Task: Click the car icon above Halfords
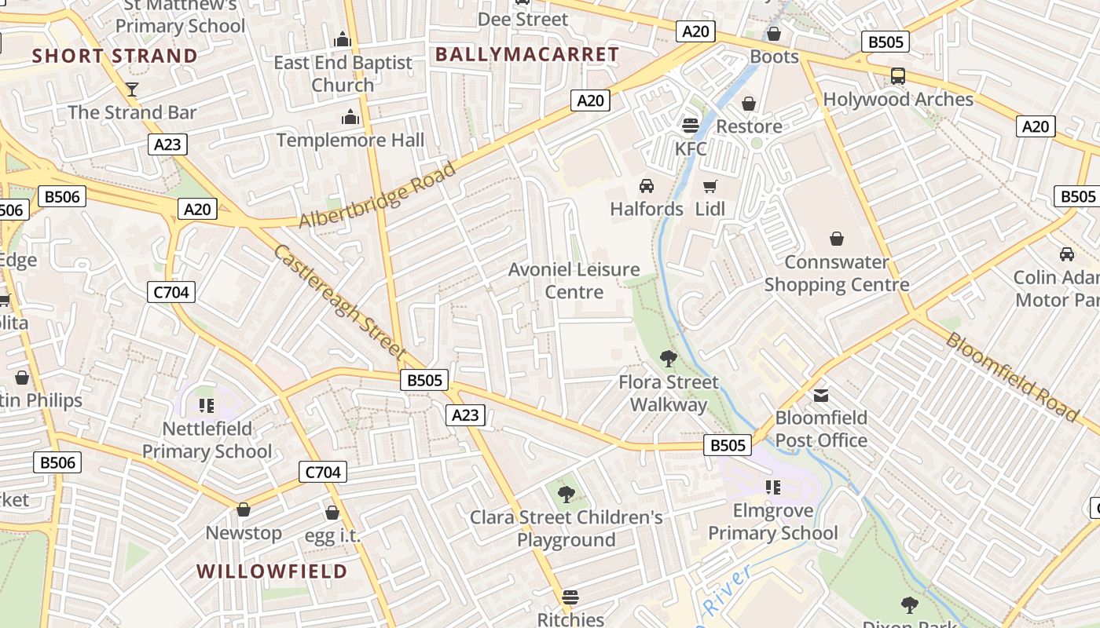point(647,186)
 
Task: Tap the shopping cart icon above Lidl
point(710,186)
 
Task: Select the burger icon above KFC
point(691,126)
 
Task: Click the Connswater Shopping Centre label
point(837,273)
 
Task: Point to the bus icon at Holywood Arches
point(897,76)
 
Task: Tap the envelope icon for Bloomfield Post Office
point(821,395)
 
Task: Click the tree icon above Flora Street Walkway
point(669,359)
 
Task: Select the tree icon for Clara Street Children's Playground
point(566,495)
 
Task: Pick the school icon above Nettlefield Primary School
point(207,405)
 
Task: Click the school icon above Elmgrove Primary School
point(773,487)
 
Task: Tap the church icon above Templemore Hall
point(350,118)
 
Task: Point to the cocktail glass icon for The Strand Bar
point(132,89)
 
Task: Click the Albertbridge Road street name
point(378,195)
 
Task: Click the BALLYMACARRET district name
point(526,54)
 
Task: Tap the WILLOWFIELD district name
point(272,571)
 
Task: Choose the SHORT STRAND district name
point(115,56)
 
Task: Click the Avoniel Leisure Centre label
point(574,281)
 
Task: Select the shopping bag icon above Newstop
point(244,510)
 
